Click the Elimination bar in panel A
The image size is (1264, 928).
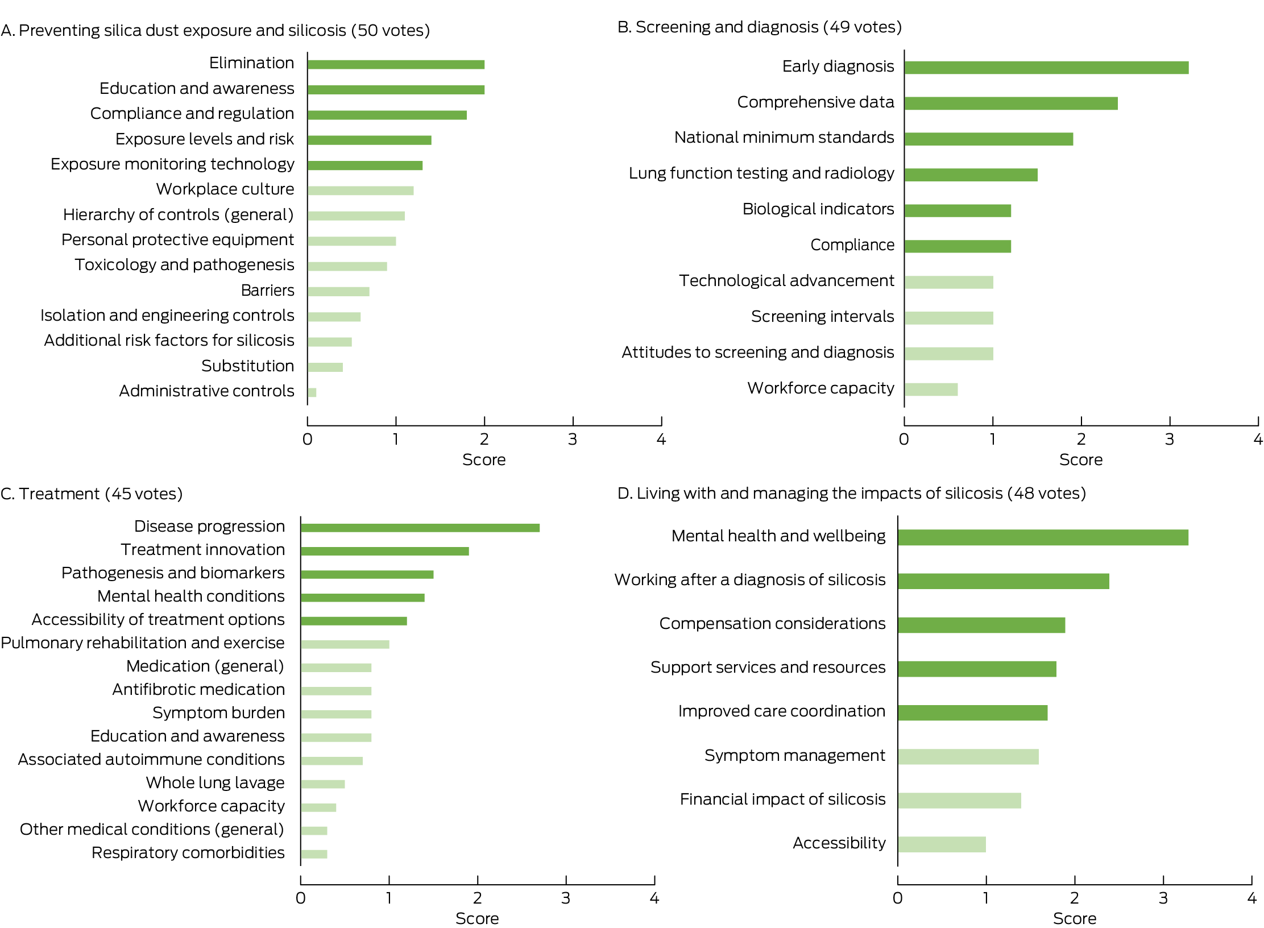(x=396, y=65)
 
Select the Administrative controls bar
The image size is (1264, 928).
(x=312, y=392)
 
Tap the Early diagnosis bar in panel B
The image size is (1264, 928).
(x=1046, y=68)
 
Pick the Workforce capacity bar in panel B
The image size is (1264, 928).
(x=931, y=390)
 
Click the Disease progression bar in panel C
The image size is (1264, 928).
(x=420, y=528)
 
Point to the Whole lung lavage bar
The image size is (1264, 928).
(x=323, y=784)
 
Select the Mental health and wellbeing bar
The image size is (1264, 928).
(x=1043, y=537)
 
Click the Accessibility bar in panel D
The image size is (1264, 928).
(x=942, y=844)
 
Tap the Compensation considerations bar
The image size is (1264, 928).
(x=981, y=625)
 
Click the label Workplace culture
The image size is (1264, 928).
(x=225, y=189)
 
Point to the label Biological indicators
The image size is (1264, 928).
(x=818, y=209)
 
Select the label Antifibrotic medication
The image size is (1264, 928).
(x=198, y=690)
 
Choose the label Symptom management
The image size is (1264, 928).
(x=795, y=756)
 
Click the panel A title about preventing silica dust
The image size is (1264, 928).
(x=215, y=30)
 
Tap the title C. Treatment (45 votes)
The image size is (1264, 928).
(x=92, y=494)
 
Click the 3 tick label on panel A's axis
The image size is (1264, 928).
(x=573, y=440)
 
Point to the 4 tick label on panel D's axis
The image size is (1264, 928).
(x=1251, y=898)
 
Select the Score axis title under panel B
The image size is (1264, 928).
(x=1080, y=460)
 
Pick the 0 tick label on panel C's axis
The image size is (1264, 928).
(x=301, y=898)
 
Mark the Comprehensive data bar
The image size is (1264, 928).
(x=1011, y=103)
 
